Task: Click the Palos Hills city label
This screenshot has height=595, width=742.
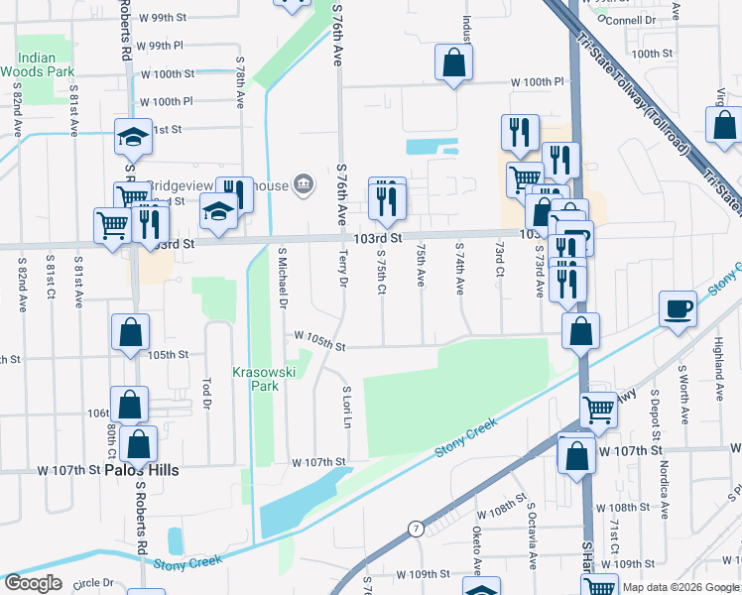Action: (142, 470)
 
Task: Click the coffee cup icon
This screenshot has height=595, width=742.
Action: (679, 307)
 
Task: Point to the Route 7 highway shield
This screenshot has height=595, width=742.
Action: (416, 530)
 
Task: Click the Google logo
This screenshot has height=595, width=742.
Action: (33, 583)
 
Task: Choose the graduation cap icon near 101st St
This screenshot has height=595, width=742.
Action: (132, 138)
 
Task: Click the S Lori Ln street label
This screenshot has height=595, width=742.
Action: (346, 408)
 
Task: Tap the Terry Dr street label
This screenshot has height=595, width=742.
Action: (343, 270)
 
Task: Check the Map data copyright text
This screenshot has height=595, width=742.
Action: (680, 587)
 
